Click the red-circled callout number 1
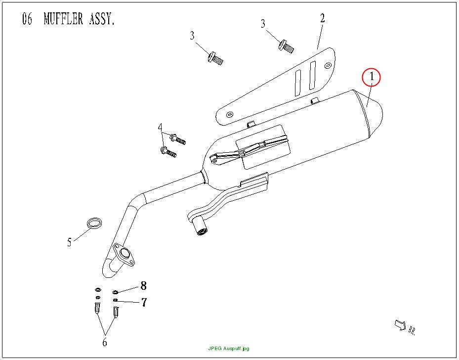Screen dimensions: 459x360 click(372, 77)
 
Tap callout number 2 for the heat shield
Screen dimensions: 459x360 click(322, 18)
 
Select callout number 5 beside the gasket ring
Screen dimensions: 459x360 click(69, 242)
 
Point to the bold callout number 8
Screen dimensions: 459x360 click(143, 285)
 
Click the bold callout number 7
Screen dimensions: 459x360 click(144, 302)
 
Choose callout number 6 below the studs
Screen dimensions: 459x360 click(105, 342)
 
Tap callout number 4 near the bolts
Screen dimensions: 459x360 click(160, 128)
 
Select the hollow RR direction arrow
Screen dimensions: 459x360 click(400, 324)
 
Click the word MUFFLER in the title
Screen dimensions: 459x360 click(63, 19)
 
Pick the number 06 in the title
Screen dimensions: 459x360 click(27, 19)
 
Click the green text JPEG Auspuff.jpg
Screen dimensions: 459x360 click(229, 349)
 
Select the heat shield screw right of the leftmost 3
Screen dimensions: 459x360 click(215, 58)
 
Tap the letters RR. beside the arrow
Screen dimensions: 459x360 click(412, 330)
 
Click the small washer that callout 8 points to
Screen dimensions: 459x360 click(115, 292)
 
